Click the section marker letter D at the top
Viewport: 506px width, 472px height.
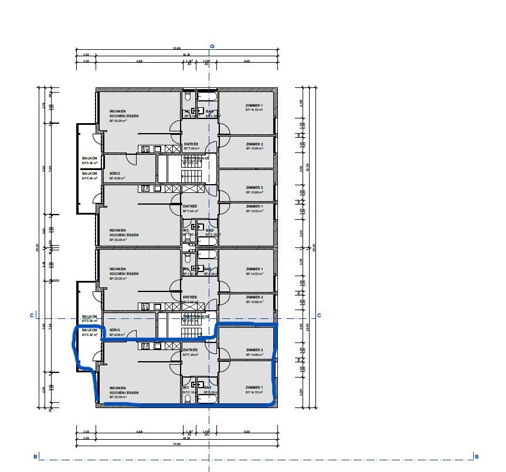click(213, 46)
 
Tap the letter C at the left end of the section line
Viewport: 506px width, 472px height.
click(31, 315)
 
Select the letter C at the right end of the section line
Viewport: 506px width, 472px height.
click(319, 315)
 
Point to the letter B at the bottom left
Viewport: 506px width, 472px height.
click(35, 457)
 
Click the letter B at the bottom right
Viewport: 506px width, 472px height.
click(477, 457)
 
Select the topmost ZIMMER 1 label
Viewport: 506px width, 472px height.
click(254, 106)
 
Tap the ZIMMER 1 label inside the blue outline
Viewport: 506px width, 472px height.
click(254, 388)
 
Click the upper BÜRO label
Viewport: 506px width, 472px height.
click(115, 174)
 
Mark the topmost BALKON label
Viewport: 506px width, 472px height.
click(89, 158)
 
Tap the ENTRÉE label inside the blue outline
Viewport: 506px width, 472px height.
click(191, 350)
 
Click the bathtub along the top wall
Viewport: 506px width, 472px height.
click(207, 96)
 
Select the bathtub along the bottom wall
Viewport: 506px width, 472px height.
click(207, 399)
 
